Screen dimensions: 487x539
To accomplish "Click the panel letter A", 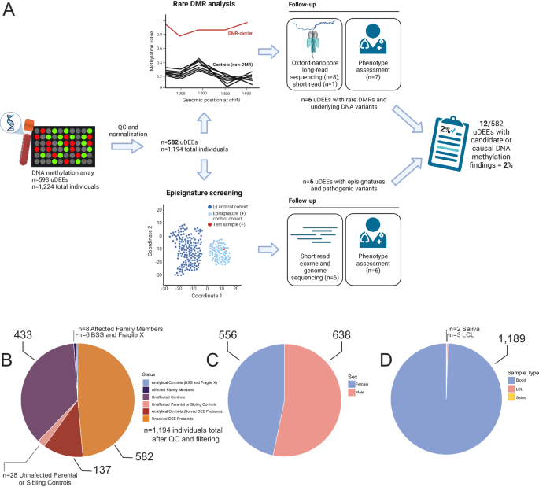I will [x=11, y=12].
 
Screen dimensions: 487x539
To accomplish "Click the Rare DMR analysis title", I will [x=207, y=6].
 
